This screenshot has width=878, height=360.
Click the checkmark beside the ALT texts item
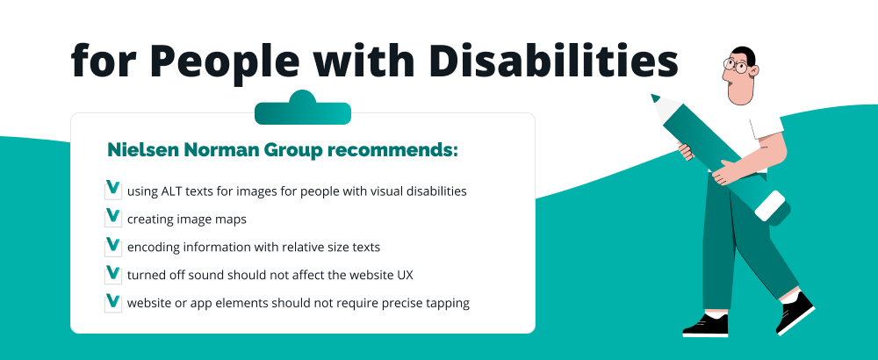click(112, 189)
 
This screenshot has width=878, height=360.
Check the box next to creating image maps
click(112, 217)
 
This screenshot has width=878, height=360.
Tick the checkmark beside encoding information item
click(112, 246)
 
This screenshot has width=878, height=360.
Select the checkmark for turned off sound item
click(112, 274)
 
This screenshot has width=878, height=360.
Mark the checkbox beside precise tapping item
click(112, 302)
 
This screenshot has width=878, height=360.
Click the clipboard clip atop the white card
click(302, 111)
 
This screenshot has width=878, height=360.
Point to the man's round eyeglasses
click(736, 65)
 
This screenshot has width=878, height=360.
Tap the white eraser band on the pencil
click(769, 205)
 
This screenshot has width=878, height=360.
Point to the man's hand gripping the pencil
click(723, 172)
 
